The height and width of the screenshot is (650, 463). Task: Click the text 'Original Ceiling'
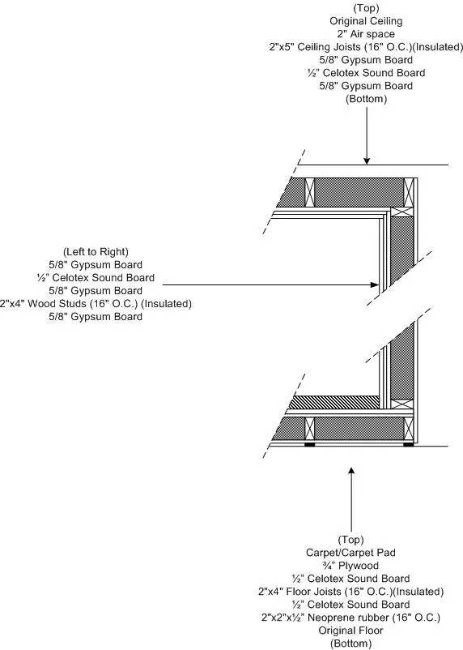366,21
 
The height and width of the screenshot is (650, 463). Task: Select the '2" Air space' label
366,34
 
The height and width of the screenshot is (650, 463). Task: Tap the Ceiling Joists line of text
366,47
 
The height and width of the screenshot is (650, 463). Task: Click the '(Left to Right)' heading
96,252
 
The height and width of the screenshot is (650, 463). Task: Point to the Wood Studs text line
96,304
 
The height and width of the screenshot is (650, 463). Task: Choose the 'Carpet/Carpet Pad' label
350,553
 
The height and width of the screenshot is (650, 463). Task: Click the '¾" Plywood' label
350,566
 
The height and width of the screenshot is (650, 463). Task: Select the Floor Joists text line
350,592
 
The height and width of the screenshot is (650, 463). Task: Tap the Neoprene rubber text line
350,618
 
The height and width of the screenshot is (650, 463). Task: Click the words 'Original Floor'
350,631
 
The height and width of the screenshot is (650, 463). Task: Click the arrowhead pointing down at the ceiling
367,160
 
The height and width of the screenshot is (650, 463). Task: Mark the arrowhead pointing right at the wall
375,284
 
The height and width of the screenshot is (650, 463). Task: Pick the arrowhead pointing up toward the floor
351,471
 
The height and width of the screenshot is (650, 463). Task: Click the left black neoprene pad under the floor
309,444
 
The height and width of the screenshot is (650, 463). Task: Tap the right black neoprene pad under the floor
408,444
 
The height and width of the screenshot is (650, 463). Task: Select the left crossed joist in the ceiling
309,192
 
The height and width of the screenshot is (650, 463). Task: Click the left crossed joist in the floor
309,429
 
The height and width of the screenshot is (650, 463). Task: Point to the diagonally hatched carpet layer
334,402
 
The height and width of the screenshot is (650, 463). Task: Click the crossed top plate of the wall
402,212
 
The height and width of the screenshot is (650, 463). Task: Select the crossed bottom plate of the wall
402,404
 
